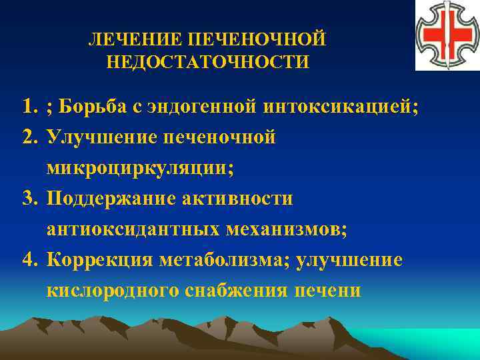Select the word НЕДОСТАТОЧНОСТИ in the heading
point(207,62)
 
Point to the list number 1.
point(28,107)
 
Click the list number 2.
point(28,137)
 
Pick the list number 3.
point(28,199)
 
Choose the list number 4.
point(28,260)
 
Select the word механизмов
point(286,229)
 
